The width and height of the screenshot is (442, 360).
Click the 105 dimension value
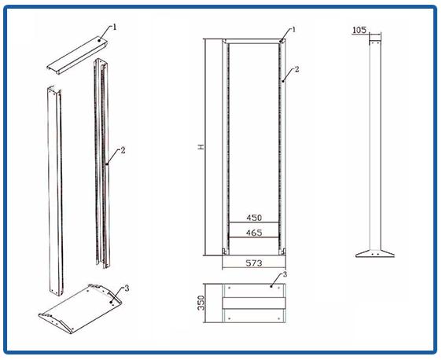click(359, 30)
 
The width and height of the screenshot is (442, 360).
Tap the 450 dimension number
click(254, 218)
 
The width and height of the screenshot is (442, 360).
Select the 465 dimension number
click(254, 233)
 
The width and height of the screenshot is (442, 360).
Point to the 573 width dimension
click(254, 263)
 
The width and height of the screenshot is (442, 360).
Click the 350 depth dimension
click(201, 303)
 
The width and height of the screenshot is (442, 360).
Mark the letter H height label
click(201, 147)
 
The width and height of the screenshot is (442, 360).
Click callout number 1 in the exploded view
click(115, 27)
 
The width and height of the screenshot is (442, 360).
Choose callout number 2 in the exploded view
click(123, 150)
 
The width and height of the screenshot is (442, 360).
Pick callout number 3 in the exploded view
click(127, 288)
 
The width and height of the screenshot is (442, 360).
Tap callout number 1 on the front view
click(293, 29)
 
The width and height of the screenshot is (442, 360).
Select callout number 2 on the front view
click(297, 69)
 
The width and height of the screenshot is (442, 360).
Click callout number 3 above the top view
click(285, 274)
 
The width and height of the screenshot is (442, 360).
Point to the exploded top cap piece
click(77, 56)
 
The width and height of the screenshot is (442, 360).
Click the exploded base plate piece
click(80, 309)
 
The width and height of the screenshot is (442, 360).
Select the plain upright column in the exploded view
click(55, 191)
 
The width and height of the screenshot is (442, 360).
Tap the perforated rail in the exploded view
click(101, 163)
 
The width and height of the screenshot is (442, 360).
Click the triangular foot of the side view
click(374, 253)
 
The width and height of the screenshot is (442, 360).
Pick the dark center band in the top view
click(254, 303)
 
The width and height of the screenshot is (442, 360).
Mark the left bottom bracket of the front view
click(224, 251)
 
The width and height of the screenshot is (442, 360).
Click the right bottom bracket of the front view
click(283, 251)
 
